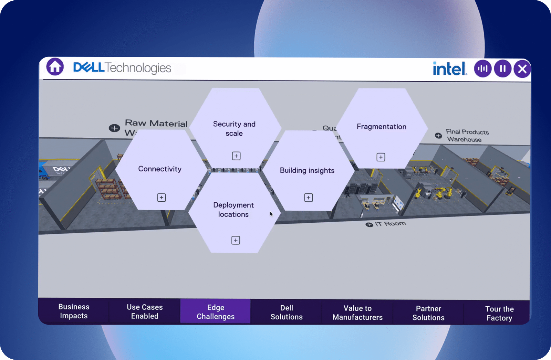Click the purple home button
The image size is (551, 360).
(55, 67)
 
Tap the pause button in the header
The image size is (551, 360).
(502, 69)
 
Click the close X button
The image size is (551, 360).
(522, 69)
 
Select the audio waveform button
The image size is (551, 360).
(482, 69)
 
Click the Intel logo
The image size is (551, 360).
(450, 69)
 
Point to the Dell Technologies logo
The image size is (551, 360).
(122, 68)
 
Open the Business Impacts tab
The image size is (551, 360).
(74, 311)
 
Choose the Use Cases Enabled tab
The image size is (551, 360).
(145, 311)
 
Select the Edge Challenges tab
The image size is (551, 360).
(216, 312)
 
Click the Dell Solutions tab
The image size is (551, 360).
(287, 312)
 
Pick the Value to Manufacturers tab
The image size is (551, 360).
(357, 313)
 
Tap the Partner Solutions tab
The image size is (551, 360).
(428, 313)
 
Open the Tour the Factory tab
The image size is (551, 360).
(499, 313)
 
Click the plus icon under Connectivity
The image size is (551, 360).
(162, 198)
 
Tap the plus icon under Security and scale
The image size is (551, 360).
(236, 156)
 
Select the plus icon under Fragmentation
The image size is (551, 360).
(381, 157)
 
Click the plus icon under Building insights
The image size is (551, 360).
(309, 198)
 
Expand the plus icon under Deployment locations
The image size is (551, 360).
(236, 240)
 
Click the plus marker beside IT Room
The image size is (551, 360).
(369, 225)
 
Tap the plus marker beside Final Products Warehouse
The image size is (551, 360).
(438, 136)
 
